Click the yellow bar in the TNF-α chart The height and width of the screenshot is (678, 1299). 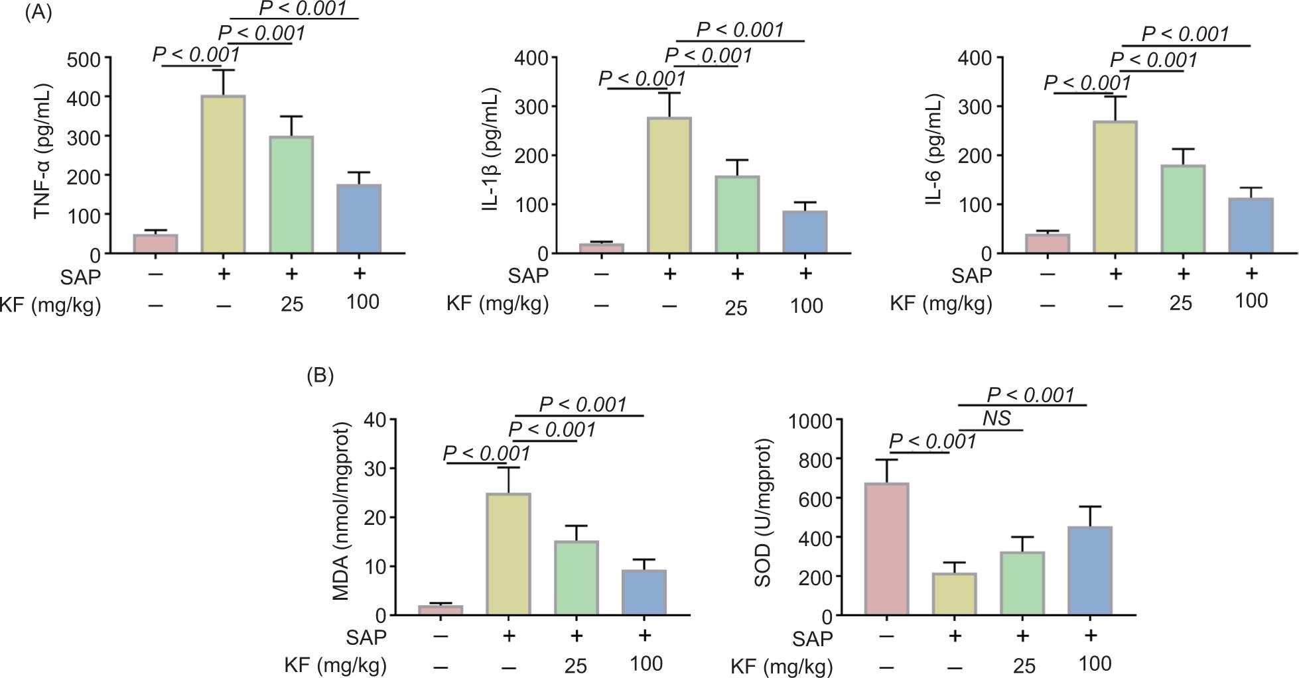pos(224,174)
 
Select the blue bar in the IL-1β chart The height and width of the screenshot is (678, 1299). pos(805,232)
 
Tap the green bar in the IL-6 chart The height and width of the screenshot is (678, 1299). pos(1183,209)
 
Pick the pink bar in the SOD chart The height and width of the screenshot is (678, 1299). pos(886,550)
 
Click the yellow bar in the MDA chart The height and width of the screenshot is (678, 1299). pos(508,555)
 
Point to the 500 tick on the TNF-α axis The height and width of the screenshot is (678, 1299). pos(88,58)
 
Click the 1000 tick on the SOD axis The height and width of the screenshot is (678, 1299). pos(811,420)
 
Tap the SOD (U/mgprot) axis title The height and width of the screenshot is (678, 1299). pos(764,512)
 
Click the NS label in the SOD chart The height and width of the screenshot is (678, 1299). pos(996,418)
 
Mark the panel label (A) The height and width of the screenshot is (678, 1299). pos(38,14)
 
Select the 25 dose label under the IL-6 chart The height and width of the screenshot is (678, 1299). pos(1181,303)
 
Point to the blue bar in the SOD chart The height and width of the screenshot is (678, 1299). pos(1089,571)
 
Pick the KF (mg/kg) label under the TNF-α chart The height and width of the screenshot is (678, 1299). pos(51,305)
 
